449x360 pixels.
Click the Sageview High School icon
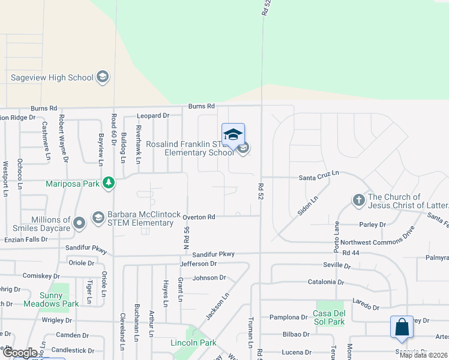coord(102,77)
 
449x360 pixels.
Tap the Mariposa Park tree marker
coord(108,182)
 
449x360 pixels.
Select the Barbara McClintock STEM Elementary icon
coord(98,216)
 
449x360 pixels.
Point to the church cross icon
coord(359,200)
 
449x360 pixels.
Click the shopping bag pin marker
coord(401,328)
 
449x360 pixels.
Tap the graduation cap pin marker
coord(233,135)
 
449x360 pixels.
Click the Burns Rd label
coord(201,106)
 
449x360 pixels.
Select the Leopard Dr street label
coord(153,115)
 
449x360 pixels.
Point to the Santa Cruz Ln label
coord(319,173)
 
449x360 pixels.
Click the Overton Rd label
coord(199,217)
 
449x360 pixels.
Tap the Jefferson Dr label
coord(197,263)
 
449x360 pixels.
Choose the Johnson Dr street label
coord(209,278)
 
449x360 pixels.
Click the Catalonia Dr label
coord(324,281)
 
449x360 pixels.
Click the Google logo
coord(20,353)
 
